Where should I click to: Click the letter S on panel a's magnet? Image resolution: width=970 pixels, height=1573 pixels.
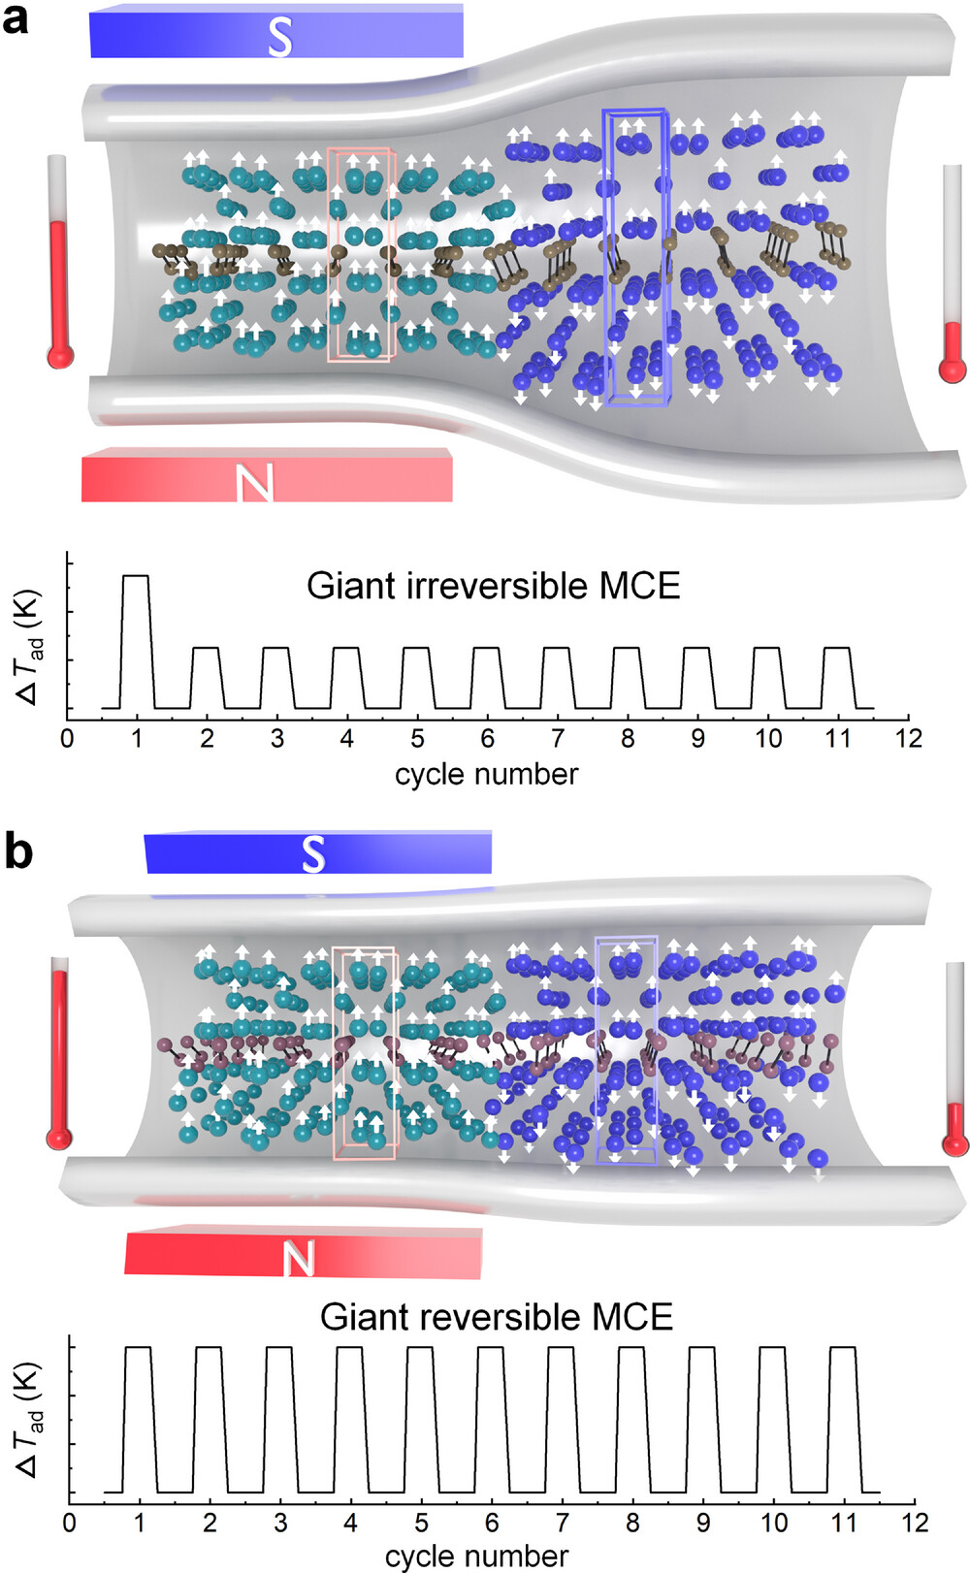click(x=279, y=37)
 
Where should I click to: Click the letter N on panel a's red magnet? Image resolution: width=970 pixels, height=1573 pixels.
click(x=255, y=482)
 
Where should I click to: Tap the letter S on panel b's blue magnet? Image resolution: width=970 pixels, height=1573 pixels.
click(x=312, y=854)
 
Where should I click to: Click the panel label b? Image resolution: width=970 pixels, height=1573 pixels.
click(x=18, y=851)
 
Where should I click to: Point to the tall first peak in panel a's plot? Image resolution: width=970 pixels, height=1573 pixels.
click(x=136, y=577)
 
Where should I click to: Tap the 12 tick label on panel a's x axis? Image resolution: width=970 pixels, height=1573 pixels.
click(x=908, y=738)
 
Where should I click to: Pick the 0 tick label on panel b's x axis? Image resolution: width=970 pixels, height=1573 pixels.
click(x=69, y=1522)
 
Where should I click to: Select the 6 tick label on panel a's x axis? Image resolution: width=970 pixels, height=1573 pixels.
click(x=487, y=738)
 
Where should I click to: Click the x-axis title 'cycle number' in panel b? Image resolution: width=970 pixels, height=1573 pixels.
click(x=476, y=1556)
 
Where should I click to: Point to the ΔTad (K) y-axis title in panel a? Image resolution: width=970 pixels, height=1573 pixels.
click(x=29, y=645)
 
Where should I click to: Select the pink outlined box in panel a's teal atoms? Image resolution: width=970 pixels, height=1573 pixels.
click(x=359, y=255)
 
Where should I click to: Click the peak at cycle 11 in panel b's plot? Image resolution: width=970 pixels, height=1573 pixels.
click(x=843, y=1348)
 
